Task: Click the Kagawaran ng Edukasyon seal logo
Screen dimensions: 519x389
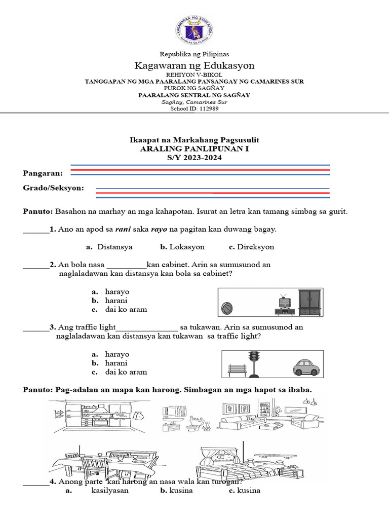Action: [x=194, y=30]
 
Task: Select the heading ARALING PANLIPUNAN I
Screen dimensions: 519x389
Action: [x=194, y=149]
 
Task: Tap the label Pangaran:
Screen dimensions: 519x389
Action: [x=43, y=173]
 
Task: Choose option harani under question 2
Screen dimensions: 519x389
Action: [x=116, y=301]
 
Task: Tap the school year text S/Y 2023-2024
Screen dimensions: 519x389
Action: [x=194, y=158]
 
